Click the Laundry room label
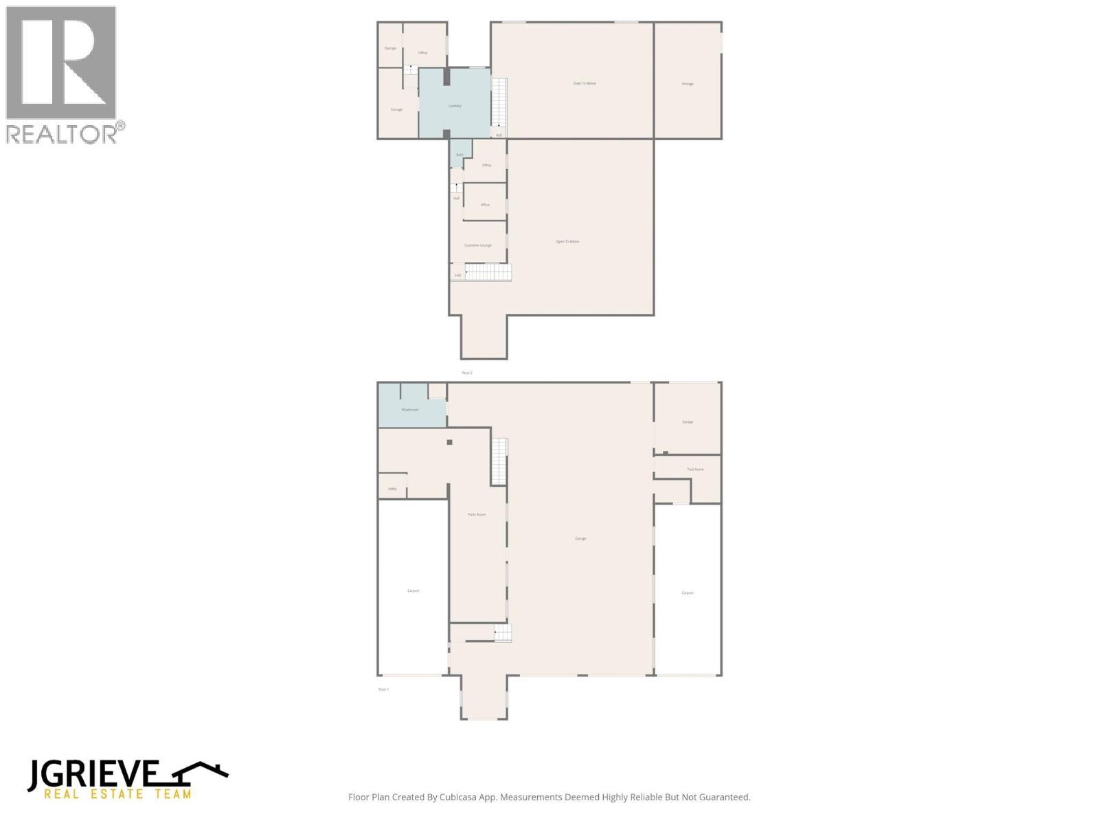click(x=455, y=106)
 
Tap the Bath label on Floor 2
click(x=460, y=155)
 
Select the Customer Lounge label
click(x=478, y=245)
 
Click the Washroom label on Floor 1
click(x=410, y=410)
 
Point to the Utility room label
click(x=392, y=489)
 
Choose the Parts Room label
click(x=477, y=514)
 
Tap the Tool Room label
click(x=695, y=470)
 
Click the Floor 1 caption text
click(x=383, y=689)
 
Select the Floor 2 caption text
click(x=467, y=373)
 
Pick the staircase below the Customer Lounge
click(x=488, y=272)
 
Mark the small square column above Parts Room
click(x=450, y=442)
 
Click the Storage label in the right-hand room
click(x=688, y=84)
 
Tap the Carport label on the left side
click(x=413, y=591)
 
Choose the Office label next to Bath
click(x=487, y=165)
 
